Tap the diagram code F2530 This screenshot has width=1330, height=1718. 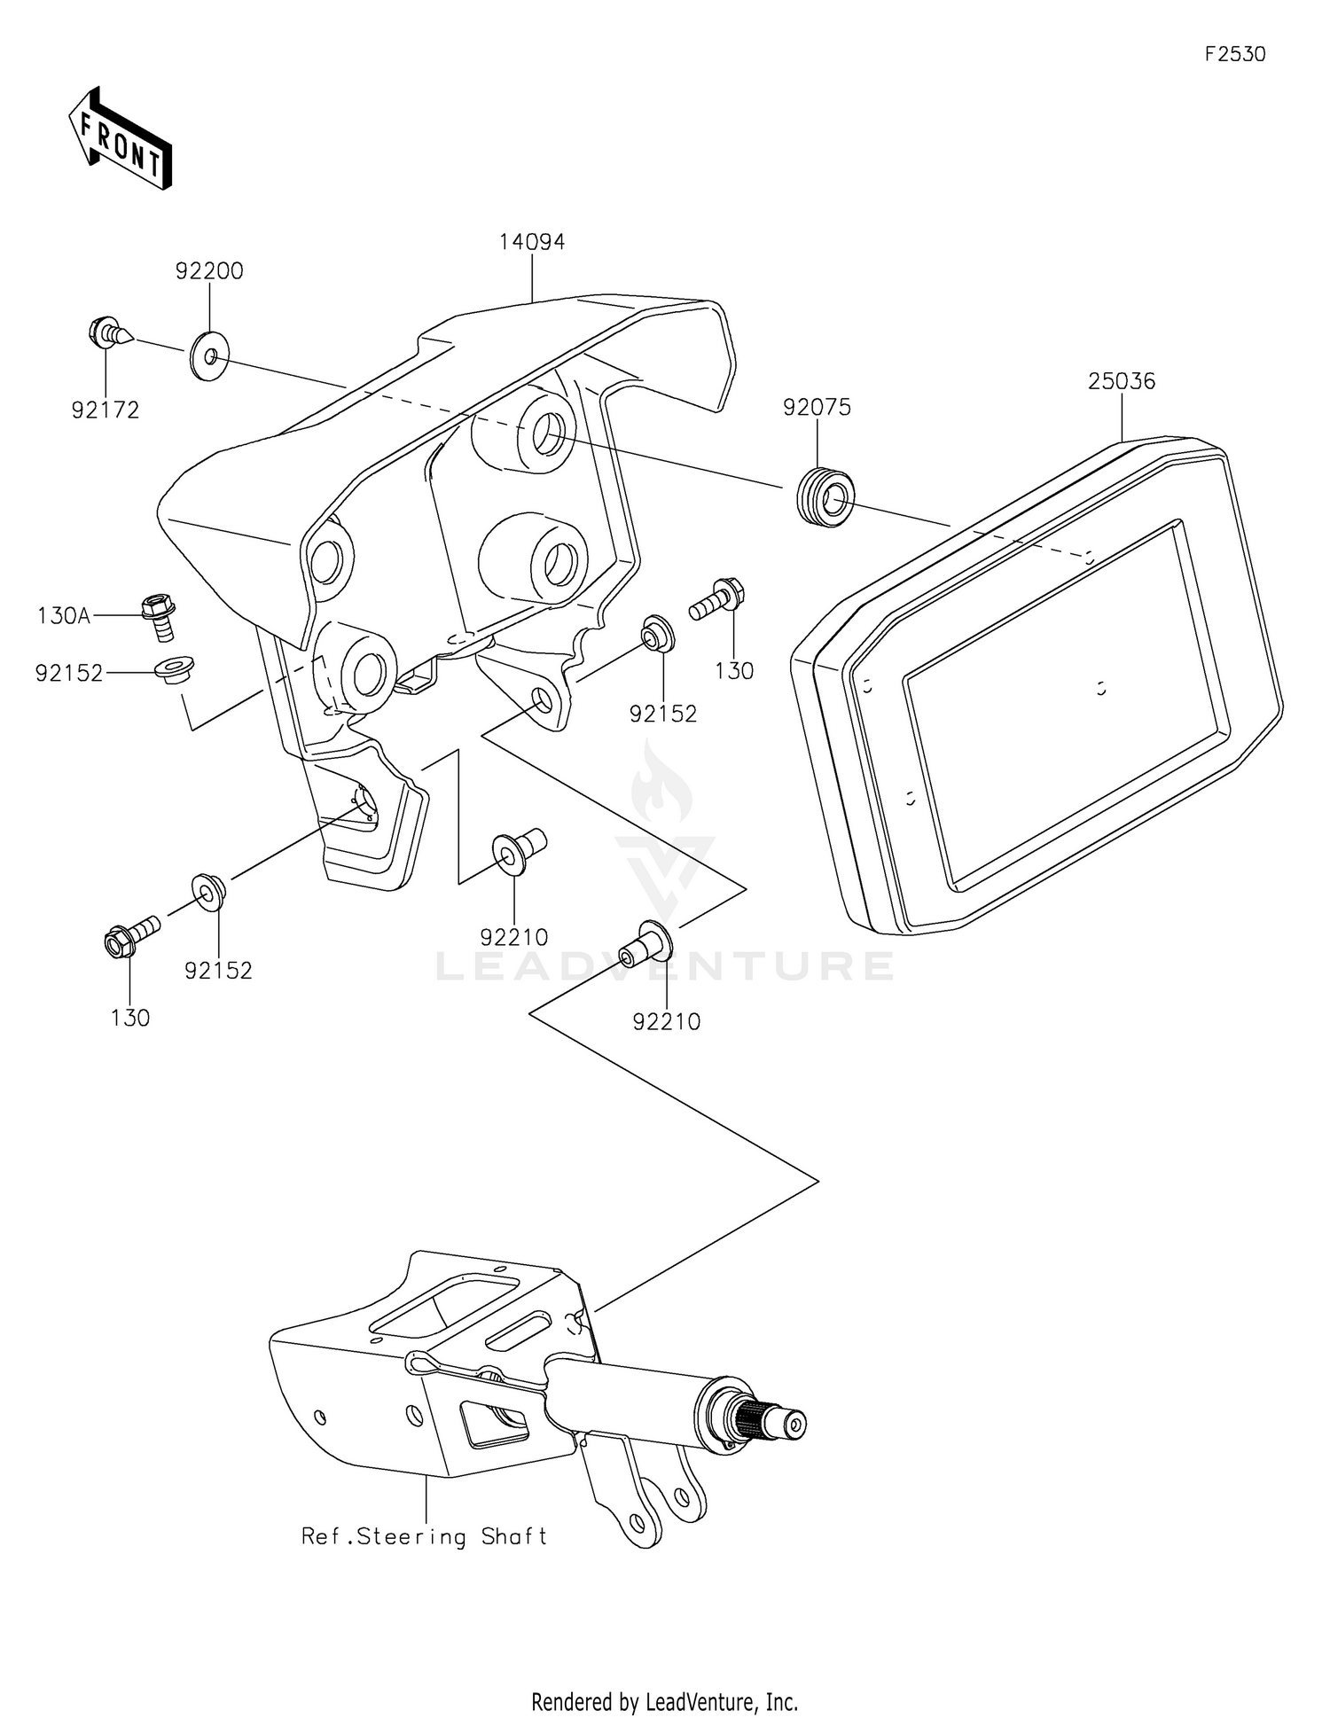coord(1235,54)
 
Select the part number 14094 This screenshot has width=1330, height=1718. coord(532,241)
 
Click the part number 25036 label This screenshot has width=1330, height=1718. coord(1122,381)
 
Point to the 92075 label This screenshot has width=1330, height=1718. coord(817,407)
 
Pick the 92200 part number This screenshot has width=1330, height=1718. coord(209,271)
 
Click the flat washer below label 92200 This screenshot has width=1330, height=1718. coord(209,356)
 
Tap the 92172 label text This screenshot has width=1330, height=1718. coord(106,410)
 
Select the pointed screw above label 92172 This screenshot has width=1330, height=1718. coord(111,333)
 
